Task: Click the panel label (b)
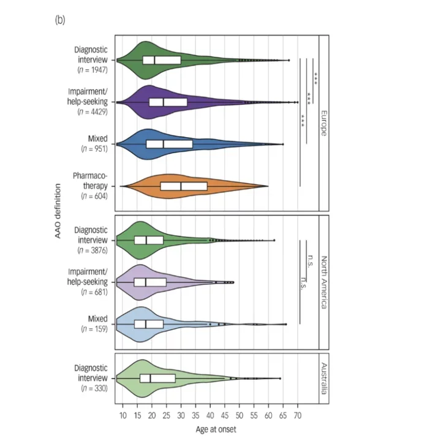click(x=60, y=20)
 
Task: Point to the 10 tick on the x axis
click(x=122, y=416)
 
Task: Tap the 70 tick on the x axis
click(x=298, y=416)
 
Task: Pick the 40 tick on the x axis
click(x=210, y=416)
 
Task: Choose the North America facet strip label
click(x=324, y=281)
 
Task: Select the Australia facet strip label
click(x=324, y=379)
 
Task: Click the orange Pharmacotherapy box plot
click(x=184, y=186)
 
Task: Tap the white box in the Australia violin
click(x=157, y=379)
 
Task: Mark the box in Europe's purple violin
click(x=168, y=102)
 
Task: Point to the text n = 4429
click(x=93, y=113)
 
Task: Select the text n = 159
click(x=94, y=329)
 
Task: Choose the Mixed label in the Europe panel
click(x=97, y=140)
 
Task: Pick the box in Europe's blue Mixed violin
click(x=169, y=144)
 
